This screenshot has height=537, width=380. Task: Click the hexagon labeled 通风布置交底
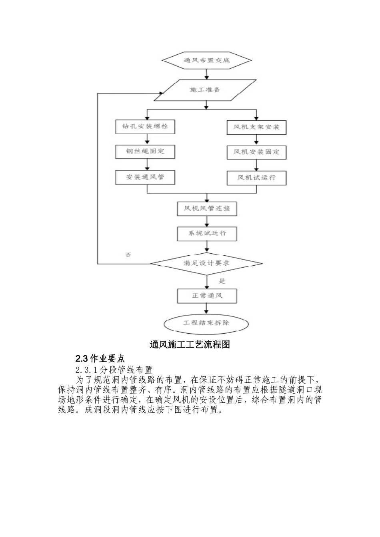207,60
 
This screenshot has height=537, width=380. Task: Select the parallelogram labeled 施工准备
205,90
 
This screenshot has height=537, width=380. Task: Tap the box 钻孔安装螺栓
145,127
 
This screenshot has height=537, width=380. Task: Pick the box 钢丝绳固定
145,151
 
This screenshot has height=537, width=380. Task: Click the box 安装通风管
145,177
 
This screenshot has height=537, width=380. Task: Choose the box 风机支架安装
257,127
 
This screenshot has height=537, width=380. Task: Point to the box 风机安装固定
257,152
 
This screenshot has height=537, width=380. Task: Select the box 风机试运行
257,178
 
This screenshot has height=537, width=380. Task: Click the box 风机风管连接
207,209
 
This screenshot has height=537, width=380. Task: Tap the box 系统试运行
207,234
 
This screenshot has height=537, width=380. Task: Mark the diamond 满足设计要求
206,264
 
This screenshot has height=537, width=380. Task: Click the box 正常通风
207,296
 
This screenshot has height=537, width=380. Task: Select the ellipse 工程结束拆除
206,324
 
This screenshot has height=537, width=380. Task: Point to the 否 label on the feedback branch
128,255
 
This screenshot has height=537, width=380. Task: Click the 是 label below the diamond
222,281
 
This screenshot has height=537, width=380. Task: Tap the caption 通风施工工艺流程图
190,345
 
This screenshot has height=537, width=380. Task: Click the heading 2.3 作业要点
100,359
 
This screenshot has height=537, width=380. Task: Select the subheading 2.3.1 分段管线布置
114,370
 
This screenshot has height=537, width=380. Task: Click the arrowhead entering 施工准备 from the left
161,93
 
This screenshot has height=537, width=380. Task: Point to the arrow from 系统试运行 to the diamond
207,247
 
